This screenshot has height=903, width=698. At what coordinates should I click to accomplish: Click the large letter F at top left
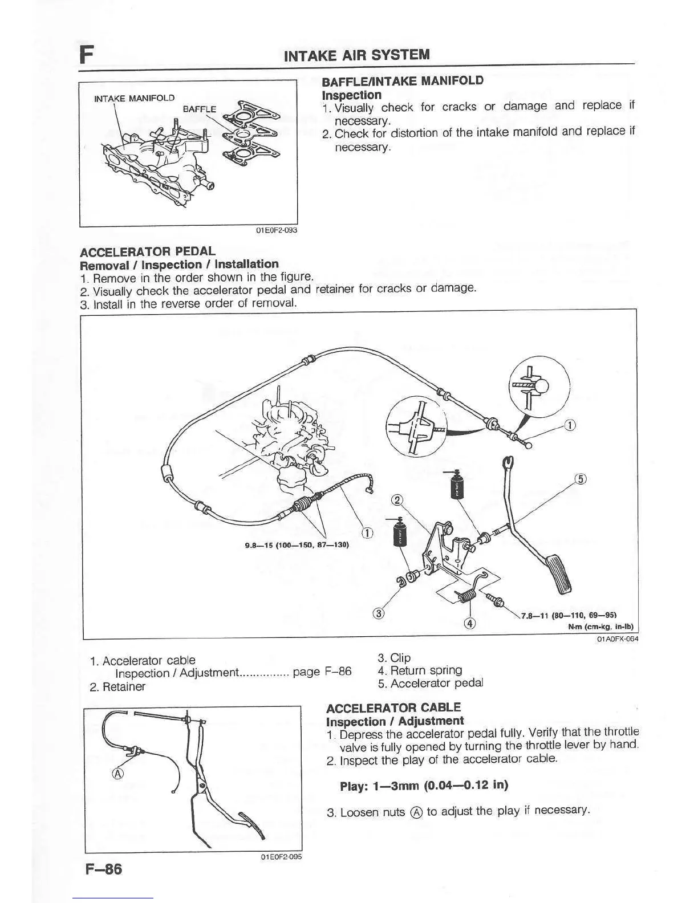[87, 55]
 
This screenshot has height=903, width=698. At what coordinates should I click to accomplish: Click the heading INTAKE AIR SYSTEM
[356, 55]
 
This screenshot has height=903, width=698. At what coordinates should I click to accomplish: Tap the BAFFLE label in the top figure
[199, 108]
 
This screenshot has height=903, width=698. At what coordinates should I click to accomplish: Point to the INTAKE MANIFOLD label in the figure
[134, 98]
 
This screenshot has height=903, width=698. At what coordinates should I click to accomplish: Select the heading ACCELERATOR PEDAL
[148, 251]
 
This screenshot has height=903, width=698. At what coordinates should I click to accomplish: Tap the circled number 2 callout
[397, 500]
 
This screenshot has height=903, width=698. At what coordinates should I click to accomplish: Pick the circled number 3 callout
[377, 614]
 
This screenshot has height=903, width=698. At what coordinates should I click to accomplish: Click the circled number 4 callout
[470, 623]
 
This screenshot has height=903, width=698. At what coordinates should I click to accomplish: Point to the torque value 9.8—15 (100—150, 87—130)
[297, 545]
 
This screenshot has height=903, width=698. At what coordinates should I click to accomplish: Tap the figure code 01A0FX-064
[617, 639]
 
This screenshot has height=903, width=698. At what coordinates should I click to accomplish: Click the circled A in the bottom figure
[118, 774]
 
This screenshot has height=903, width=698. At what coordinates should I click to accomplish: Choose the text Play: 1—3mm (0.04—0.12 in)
[424, 786]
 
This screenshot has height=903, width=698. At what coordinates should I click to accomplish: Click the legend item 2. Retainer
[117, 686]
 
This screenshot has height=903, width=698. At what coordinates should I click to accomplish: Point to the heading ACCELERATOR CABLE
[393, 707]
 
